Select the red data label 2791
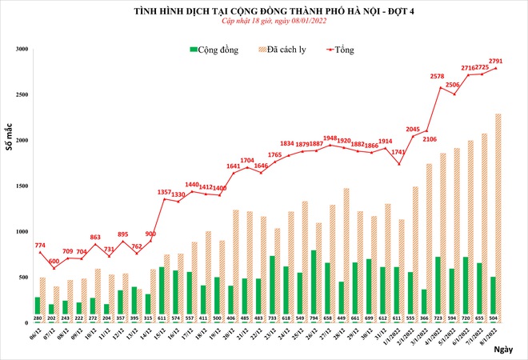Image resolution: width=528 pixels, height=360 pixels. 495,61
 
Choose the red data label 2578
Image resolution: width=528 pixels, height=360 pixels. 437,77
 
